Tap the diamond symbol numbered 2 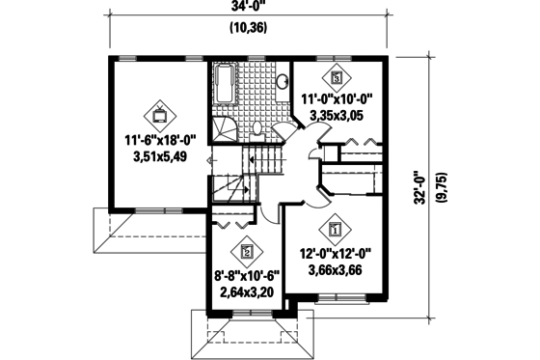(248, 252)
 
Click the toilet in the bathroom (258, 129)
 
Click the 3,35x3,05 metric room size (337, 116)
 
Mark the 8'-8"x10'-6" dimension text (247, 274)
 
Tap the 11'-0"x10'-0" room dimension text (337, 98)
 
